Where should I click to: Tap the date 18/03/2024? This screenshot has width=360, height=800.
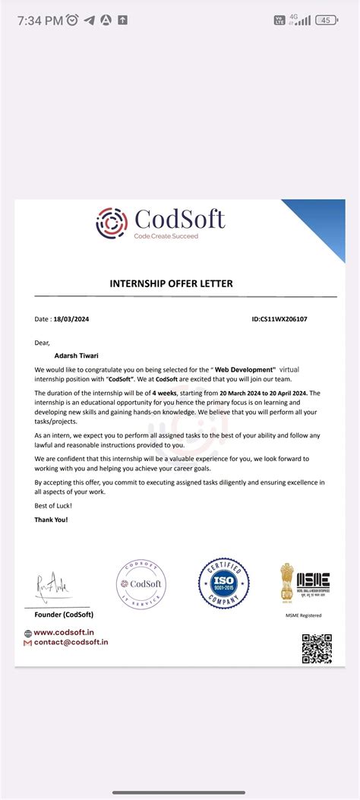pyautogui.click(x=71, y=320)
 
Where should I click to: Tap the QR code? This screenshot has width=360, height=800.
pyautogui.click(x=317, y=648)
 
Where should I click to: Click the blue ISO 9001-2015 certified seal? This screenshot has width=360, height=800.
pyautogui.click(x=223, y=583)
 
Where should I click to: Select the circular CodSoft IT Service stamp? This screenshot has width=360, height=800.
pyautogui.click(x=141, y=585)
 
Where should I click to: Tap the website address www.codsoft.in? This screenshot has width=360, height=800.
pyautogui.click(x=64, y=632)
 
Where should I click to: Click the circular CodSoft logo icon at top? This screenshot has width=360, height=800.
pyautogui.click(x=112, y=223)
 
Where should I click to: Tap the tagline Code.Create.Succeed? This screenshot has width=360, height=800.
pyautogui.click(x=166, y=237)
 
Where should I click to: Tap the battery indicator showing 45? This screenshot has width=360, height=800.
pyautogui.click(x=327, y=21)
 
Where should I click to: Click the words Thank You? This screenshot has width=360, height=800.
pyautogui.click(x=52, y=520)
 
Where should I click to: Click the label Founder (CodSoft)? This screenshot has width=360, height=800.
pyautogui.click(x=64, y=614)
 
